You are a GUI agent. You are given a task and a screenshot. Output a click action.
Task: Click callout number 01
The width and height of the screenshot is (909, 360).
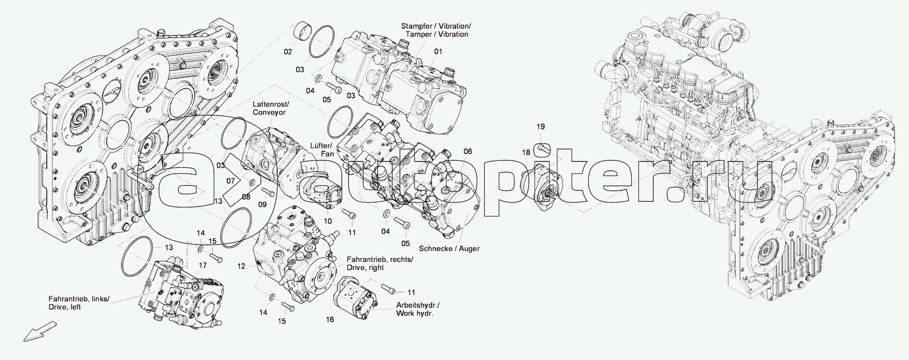pyautogui.click(x=437, y=52)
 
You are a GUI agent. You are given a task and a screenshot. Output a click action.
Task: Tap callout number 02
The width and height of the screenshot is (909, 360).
pyautogui.click(x=288, y=52)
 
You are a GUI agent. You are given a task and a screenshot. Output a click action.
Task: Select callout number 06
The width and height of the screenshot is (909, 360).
pyautogui.click(x=468, y=151)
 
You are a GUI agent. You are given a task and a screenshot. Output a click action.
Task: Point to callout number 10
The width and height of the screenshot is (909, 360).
pyautogui.click(x=328, y=221)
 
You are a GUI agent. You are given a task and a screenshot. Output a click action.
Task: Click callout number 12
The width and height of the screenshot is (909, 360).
pyautogui.click(x=241, y=265)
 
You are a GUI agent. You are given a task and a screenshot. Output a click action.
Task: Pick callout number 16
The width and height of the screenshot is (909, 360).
pyautogui.click(x=330, y=320)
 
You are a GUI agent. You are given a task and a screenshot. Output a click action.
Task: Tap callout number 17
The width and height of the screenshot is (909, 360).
pyautogui.click(x=203, y=265)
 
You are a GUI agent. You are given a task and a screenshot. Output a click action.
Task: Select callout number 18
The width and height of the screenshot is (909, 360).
pyautogui.click(x=526, y=152)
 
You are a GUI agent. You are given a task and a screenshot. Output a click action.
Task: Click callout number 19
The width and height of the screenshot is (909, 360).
pyautogui.click(x=540, y=127)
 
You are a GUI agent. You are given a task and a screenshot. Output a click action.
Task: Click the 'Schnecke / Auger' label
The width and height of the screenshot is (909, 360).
pyautogui.click(x=449, y=249)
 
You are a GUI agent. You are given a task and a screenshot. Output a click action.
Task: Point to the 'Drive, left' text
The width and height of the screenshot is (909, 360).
pyautogui.click(x=66, y=307)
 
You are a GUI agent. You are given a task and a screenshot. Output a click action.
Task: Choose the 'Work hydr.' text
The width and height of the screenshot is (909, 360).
pyautogui.click(x=415, y=314)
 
